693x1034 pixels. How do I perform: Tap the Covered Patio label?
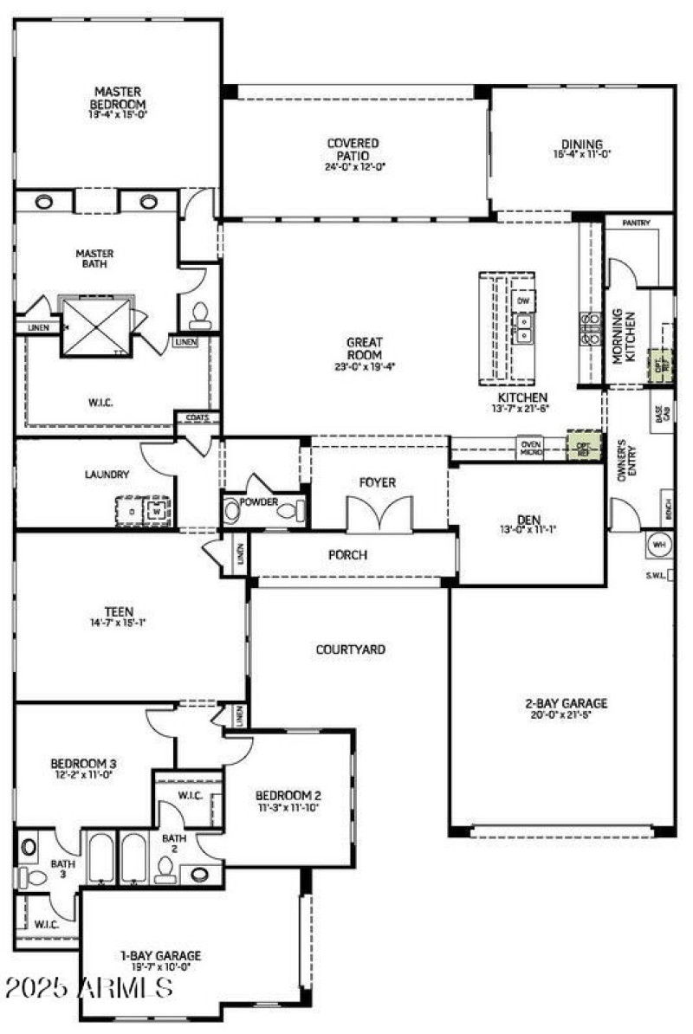pos(353,149)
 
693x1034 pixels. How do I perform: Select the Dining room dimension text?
pos(581,154)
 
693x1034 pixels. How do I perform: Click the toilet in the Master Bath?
pos(199,314)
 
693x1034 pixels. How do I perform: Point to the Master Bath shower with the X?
pos(95,325)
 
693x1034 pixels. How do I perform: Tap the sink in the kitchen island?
pos(522,327)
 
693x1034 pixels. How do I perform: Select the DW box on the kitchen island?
pos(522,301)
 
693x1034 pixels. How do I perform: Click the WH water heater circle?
pos(659,545)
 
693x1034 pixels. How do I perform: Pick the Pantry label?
pos(636,223)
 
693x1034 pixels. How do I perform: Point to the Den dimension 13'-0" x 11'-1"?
pos(528,530)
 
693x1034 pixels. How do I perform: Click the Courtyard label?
pos(350,649)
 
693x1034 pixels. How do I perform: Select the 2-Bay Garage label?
pos(567,703)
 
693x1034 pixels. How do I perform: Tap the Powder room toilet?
pos(287,511)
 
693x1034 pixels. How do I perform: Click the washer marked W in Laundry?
pos(156,509)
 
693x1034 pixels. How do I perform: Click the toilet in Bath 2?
pos(165,869)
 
